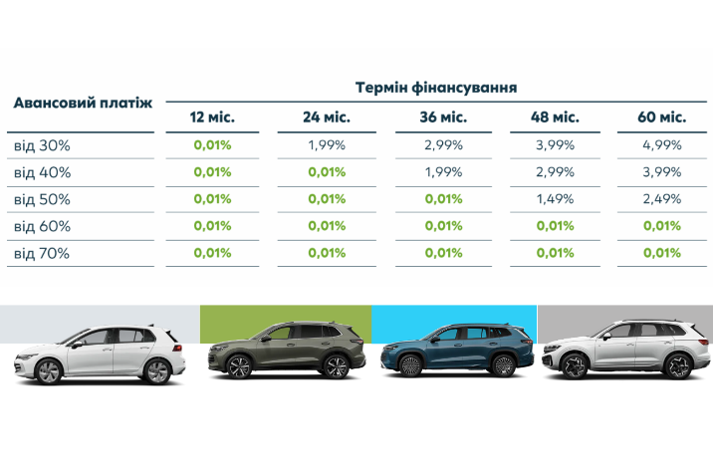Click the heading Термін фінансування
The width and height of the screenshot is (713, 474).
[x=435, y=87]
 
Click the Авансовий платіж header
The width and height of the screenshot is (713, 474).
[x=83, y=103]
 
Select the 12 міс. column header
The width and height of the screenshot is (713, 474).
[x=212, y=118]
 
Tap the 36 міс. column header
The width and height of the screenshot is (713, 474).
[x=443, y=118]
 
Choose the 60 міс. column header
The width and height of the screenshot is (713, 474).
[x=662, y=118]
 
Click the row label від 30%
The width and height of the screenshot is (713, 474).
[x=42, y=145]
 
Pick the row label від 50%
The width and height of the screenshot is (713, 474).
[x=42, y=199]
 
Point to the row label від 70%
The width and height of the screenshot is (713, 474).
[x=42, y=253]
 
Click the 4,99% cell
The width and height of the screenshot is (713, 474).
[x=662, y=145]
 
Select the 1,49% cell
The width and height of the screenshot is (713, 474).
[x=556, y=199]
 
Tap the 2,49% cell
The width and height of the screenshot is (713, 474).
[x=662, y=199]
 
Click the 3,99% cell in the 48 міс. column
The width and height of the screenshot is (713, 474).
[x=556, y=145]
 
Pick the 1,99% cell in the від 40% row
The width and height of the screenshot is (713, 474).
[x=443, y=172]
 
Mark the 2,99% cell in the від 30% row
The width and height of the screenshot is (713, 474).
[x=443, y=145]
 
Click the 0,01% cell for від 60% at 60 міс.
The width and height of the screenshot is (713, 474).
[x=662, y=226]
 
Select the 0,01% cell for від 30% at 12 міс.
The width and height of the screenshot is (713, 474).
[x=212, y=145]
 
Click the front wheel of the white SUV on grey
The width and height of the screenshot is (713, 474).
[x=575, y=365]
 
